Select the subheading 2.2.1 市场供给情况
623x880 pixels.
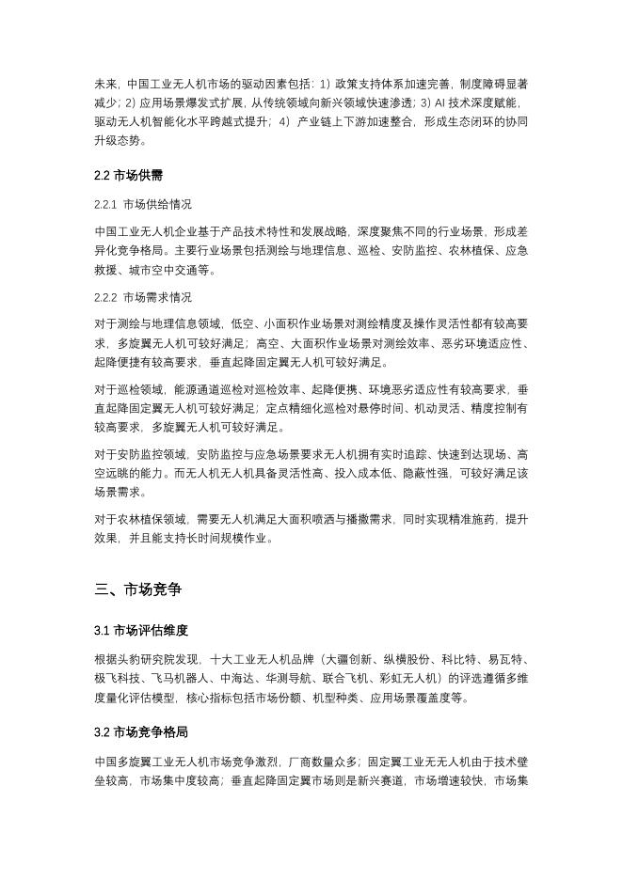point(143,204)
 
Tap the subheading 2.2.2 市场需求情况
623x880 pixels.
point(143,298)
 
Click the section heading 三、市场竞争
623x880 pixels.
point(137,590)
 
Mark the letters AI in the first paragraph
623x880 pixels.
point(439,102)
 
